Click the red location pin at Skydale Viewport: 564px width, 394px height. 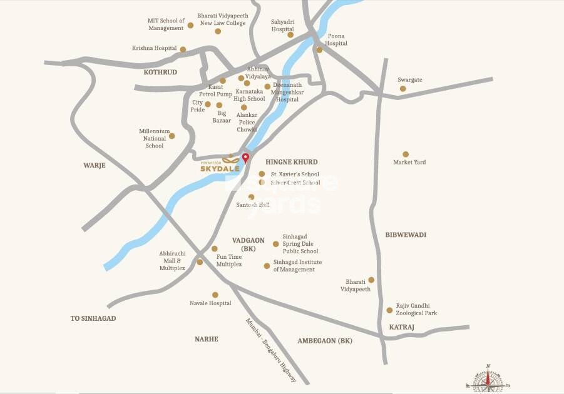245,158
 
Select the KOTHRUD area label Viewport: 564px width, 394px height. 160,73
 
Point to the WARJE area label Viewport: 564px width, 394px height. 95,166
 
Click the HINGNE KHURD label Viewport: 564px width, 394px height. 292,161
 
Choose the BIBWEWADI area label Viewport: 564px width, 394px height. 406,235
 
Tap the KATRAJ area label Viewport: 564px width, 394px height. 401,327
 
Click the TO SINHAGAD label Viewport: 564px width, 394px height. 93,318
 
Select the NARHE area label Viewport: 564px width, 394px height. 206,339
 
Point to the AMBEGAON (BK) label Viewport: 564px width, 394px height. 325,341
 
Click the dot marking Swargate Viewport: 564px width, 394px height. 402,89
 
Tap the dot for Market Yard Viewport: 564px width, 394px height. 406,154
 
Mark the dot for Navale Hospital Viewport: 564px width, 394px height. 215,295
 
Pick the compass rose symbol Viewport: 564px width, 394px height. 488,379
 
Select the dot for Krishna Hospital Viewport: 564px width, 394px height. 183,49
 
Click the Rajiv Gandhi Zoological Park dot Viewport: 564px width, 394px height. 389,310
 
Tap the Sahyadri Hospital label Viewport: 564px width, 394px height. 282,25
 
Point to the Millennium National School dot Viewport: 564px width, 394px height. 172,136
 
